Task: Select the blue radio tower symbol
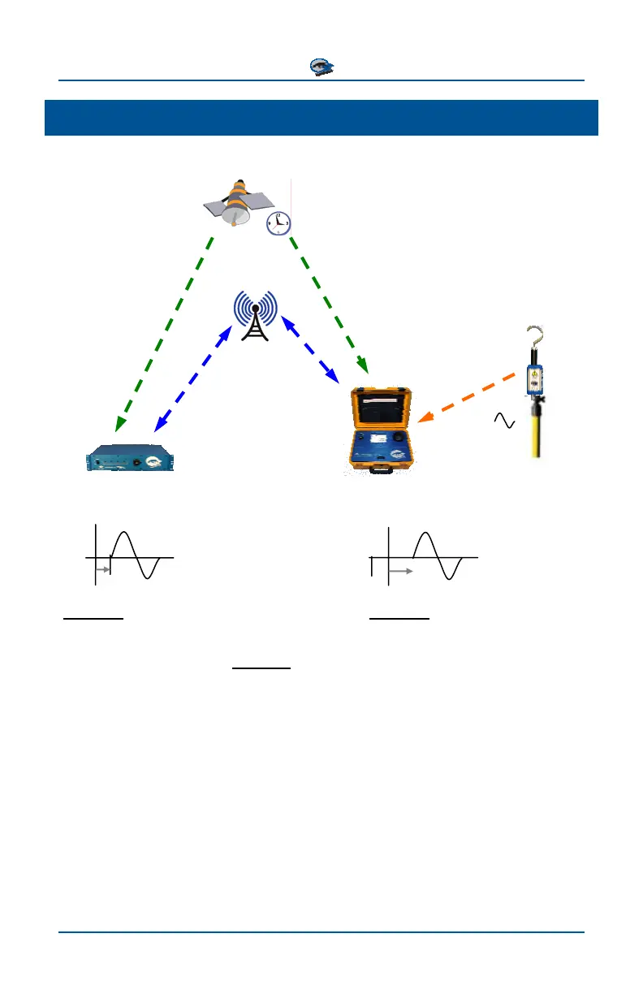pyautogui.click(x=255, y=317)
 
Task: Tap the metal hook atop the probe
pyautogui.click(x=534, y=340)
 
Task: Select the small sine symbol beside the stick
pyautogui.click(x=504, y=420)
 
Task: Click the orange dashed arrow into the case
pyautogui.click(x=468, y=397)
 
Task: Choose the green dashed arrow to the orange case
pyautogui.click(x=329, y=305)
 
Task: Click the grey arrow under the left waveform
pyautogui.click(x=102, y=570)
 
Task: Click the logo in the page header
pyautogui.click(x=321, y=67)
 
